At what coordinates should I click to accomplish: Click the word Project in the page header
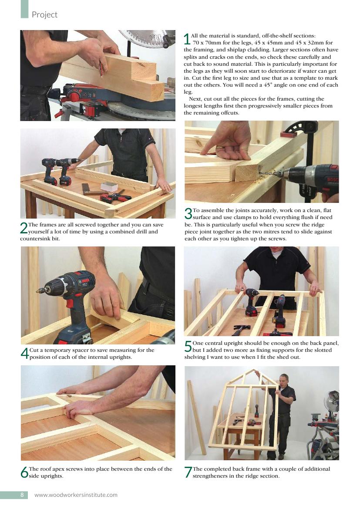coord(44,15)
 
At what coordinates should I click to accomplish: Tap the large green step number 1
coord(187,39)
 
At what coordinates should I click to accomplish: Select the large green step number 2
coord(24,228)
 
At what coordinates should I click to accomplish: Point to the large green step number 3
coord(188,214)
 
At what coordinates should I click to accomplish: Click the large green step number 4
coord(24,353)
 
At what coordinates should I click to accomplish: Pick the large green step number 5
coord(188,346)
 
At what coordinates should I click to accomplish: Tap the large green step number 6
coord(24,472)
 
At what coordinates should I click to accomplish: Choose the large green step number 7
coord(188,472)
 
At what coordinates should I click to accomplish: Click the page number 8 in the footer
coord(22,495)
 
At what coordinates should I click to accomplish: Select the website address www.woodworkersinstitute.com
coord(76,495)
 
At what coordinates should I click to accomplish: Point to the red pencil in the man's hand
coord(102,70)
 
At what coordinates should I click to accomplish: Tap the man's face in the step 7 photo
coord(283,380)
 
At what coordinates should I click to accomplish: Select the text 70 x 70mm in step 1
coord(207,43)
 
